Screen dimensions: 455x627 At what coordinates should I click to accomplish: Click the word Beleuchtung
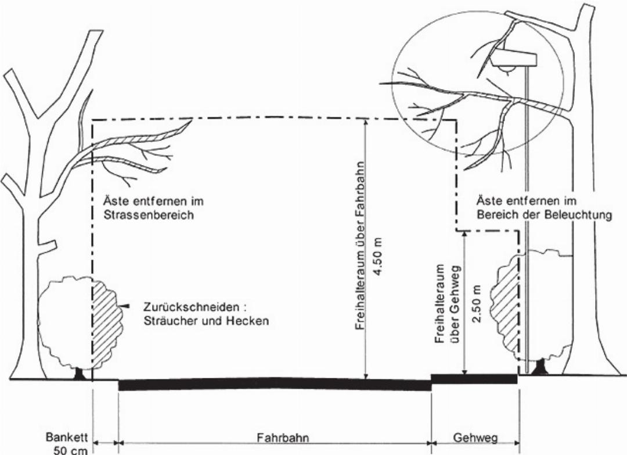[x=580, y=214]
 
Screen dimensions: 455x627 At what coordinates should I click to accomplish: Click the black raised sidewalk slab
[x=474, y=379]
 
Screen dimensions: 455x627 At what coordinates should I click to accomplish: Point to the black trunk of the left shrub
[x=79, y=374]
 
